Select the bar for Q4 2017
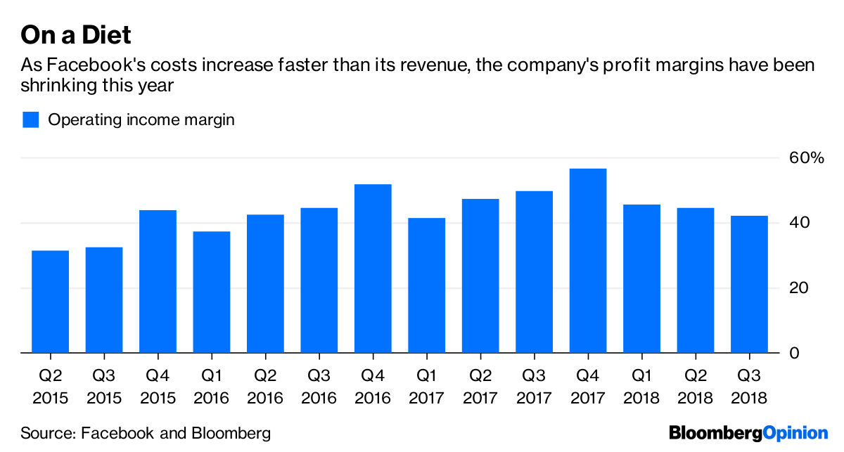point(588,261)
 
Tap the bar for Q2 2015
point(51,302)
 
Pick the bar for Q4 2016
point(373,269)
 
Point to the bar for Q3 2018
point(750,284)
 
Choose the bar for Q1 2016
point(212,292)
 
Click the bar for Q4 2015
point(158,281)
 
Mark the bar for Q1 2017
point(427,285)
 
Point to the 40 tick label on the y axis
point(795,223)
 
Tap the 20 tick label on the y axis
point(795,288)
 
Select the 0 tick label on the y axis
point(793,353)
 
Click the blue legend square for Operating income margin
point(30,120)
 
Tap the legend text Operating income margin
point(141,120)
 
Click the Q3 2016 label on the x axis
point(319,387)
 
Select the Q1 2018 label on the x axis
point(641,387)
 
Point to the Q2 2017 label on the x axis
point(480,387)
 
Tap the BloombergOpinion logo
point(748,433)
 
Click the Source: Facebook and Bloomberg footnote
point(146,433)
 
